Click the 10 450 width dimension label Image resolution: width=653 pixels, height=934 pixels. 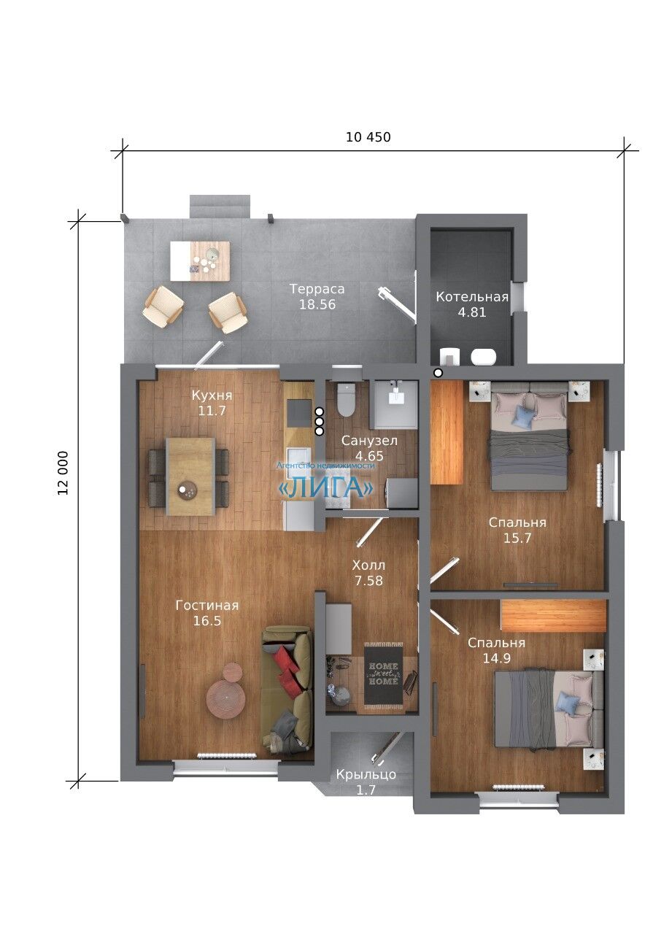click(368, 137)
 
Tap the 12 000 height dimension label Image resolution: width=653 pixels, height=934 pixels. click(63, 473)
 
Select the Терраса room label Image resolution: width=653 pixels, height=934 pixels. click(317, 288)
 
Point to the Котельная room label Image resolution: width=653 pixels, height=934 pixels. click(472, 296)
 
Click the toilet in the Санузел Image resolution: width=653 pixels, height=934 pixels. click(346, 400)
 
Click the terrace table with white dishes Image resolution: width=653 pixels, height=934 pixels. click(200, 261)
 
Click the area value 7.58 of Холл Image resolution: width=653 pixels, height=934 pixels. click(368, 580)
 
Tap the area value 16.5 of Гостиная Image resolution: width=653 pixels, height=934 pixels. click(206, 621)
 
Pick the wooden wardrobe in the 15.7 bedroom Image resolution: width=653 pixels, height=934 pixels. click(447, 433)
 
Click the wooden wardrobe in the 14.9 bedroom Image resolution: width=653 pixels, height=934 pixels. click(553, 615)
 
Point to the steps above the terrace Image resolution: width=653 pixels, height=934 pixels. click(220, 207)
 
